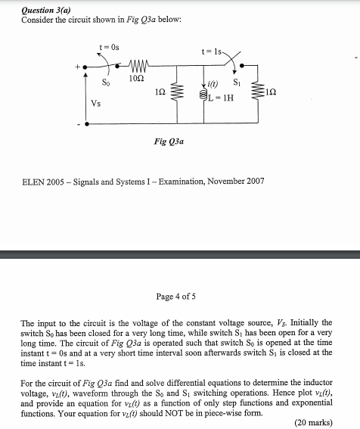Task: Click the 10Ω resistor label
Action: (x=137, y=79)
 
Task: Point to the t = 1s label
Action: (x=210, y=52)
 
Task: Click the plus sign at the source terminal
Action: (x=75, y=67)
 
